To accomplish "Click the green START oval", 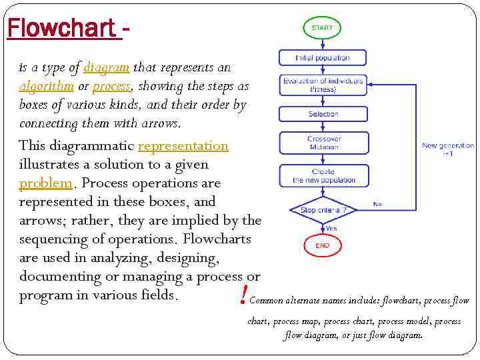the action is pyautogui.click(x=323, y=29).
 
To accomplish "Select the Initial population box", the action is pyautogui.click(x=323, y=58).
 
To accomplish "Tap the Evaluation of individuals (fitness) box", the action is pyautogui.click(x=323, y=85).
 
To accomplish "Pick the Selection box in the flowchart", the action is pyautogui.click(x=323, y=114).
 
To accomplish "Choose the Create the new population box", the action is pyautogui.click(x=323, y=176).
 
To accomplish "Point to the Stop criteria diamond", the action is pyautogui.click(x=323, y=210).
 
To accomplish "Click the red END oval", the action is pyautogui.click(x=323, y=245).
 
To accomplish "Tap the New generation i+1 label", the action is pyautogui.click(x=447, y=149).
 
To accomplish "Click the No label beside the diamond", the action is pyautogui.click(x=377, y=204).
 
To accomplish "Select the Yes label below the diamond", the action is pyautogui.click(x=331, y=228).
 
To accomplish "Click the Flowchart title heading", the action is pyautogui.click(x=64, y=28).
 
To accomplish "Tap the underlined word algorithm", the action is pyautogui.click(x=46, y=86).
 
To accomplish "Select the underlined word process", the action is pyautogui.click(x=111, y=86).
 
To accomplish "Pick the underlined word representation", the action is pyautogui.click(x=183, y=145).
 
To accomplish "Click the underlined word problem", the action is pyautogui.click(x=45, y=183).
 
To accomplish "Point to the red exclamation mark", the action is pyautogui.click(x=245, y=293).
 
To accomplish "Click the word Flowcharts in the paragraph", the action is pyautogui.click(x=217, y=239).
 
